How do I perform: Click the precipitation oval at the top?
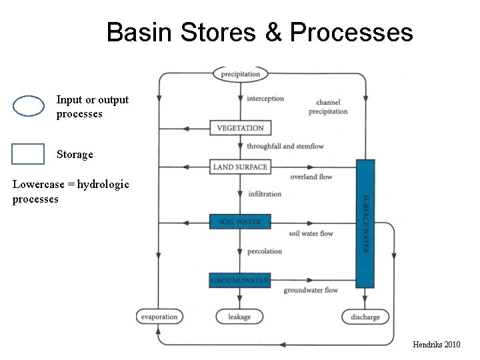tap(240, 74)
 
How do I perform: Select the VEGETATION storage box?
tap(240, 128)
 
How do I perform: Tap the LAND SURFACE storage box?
tap(240, 167)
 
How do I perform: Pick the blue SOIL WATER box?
tap(240, 221)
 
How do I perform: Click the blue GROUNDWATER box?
tap(240, 281)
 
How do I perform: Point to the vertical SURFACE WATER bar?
tap(365, 223)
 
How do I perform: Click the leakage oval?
tap(240, 317)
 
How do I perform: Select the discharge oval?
tap(365, 317)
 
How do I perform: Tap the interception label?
tap(265, 99)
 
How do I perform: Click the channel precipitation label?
tap(328, 107)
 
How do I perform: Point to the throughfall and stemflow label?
tap(285, 146)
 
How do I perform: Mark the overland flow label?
tap(311, 177)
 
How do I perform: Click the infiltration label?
tap(265, 194)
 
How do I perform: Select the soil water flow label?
tap(311, 233)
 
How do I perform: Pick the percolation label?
tap(265, 251)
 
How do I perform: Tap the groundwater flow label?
tap(311, 290)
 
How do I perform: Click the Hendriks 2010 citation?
tap(436, 344)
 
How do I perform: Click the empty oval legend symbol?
tap(29, 107)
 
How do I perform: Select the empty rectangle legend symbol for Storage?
tap(28, 154)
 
